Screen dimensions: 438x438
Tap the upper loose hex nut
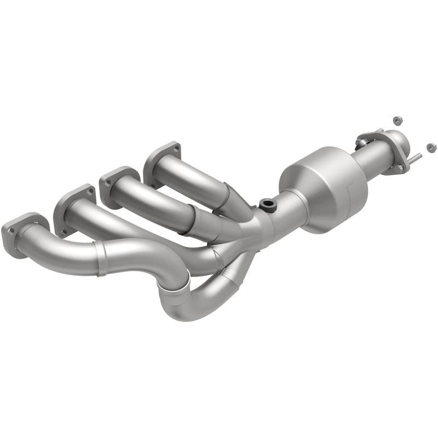coord(396,119)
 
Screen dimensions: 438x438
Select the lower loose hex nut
coord(431,147)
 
